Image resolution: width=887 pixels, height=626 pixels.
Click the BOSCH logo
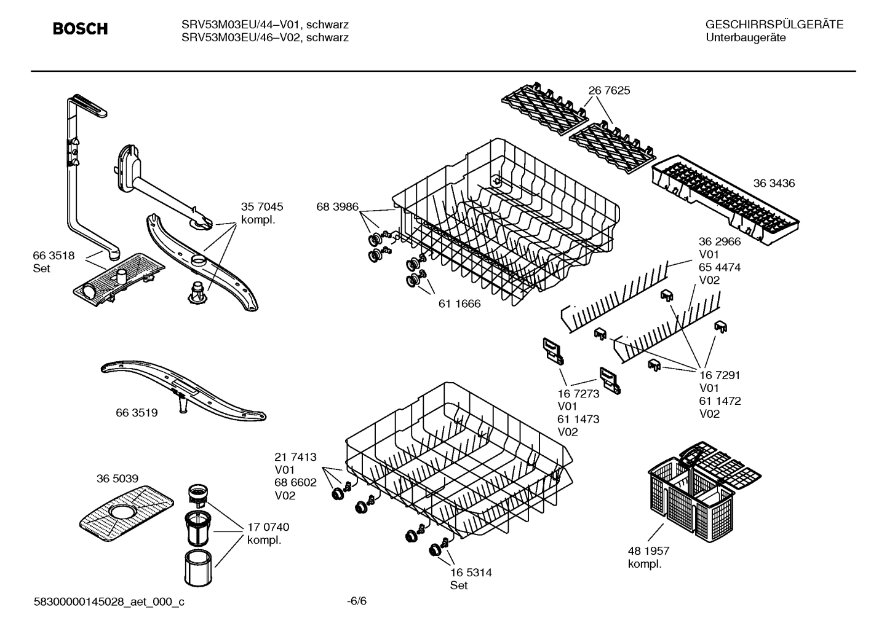[80, 29]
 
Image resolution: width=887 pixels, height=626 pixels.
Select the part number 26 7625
[609, 90]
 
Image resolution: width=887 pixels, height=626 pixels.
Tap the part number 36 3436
[774, 183]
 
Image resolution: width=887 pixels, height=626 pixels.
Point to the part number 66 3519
[137, 413]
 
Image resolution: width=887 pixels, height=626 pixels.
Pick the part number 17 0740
[268, 527]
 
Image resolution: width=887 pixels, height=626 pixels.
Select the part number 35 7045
[262, 207]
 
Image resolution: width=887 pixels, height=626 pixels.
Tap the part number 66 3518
[54, 256]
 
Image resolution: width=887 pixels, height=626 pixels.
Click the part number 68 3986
[337, 207]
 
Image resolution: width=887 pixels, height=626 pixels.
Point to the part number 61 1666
[459, 303]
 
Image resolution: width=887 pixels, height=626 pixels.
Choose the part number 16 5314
[471, 573]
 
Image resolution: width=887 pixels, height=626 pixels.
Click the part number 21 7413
[295, 457]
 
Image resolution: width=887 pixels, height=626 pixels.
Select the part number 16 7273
[578, 394]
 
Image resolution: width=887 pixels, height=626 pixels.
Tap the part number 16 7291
[720, 375]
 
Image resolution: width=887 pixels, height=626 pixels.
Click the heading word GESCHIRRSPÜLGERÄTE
[774, 25]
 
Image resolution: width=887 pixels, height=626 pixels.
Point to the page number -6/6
[357, 601]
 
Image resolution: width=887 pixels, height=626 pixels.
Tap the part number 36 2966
[720, 241]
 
